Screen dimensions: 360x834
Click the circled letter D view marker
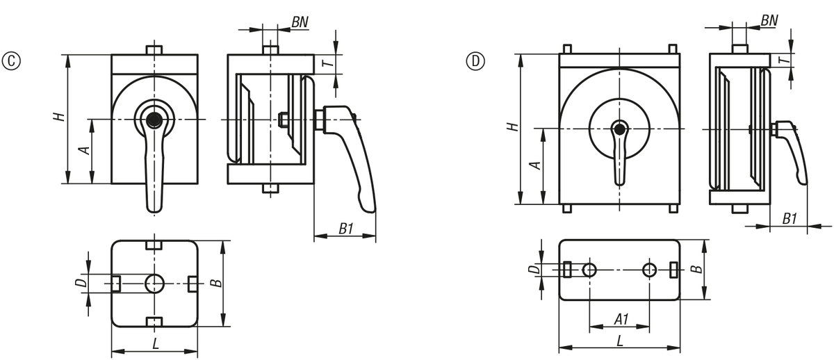pos(475,61)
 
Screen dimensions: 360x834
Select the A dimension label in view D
pos(534,165)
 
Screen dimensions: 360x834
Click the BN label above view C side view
pos(300,22)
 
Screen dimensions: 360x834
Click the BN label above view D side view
pos(769,20)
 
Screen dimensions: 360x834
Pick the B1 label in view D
pos(790,218)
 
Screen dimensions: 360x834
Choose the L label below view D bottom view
pos(619,341)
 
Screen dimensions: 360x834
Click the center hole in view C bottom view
pos(154,283)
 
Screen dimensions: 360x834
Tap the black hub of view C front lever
pos(154,120)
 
